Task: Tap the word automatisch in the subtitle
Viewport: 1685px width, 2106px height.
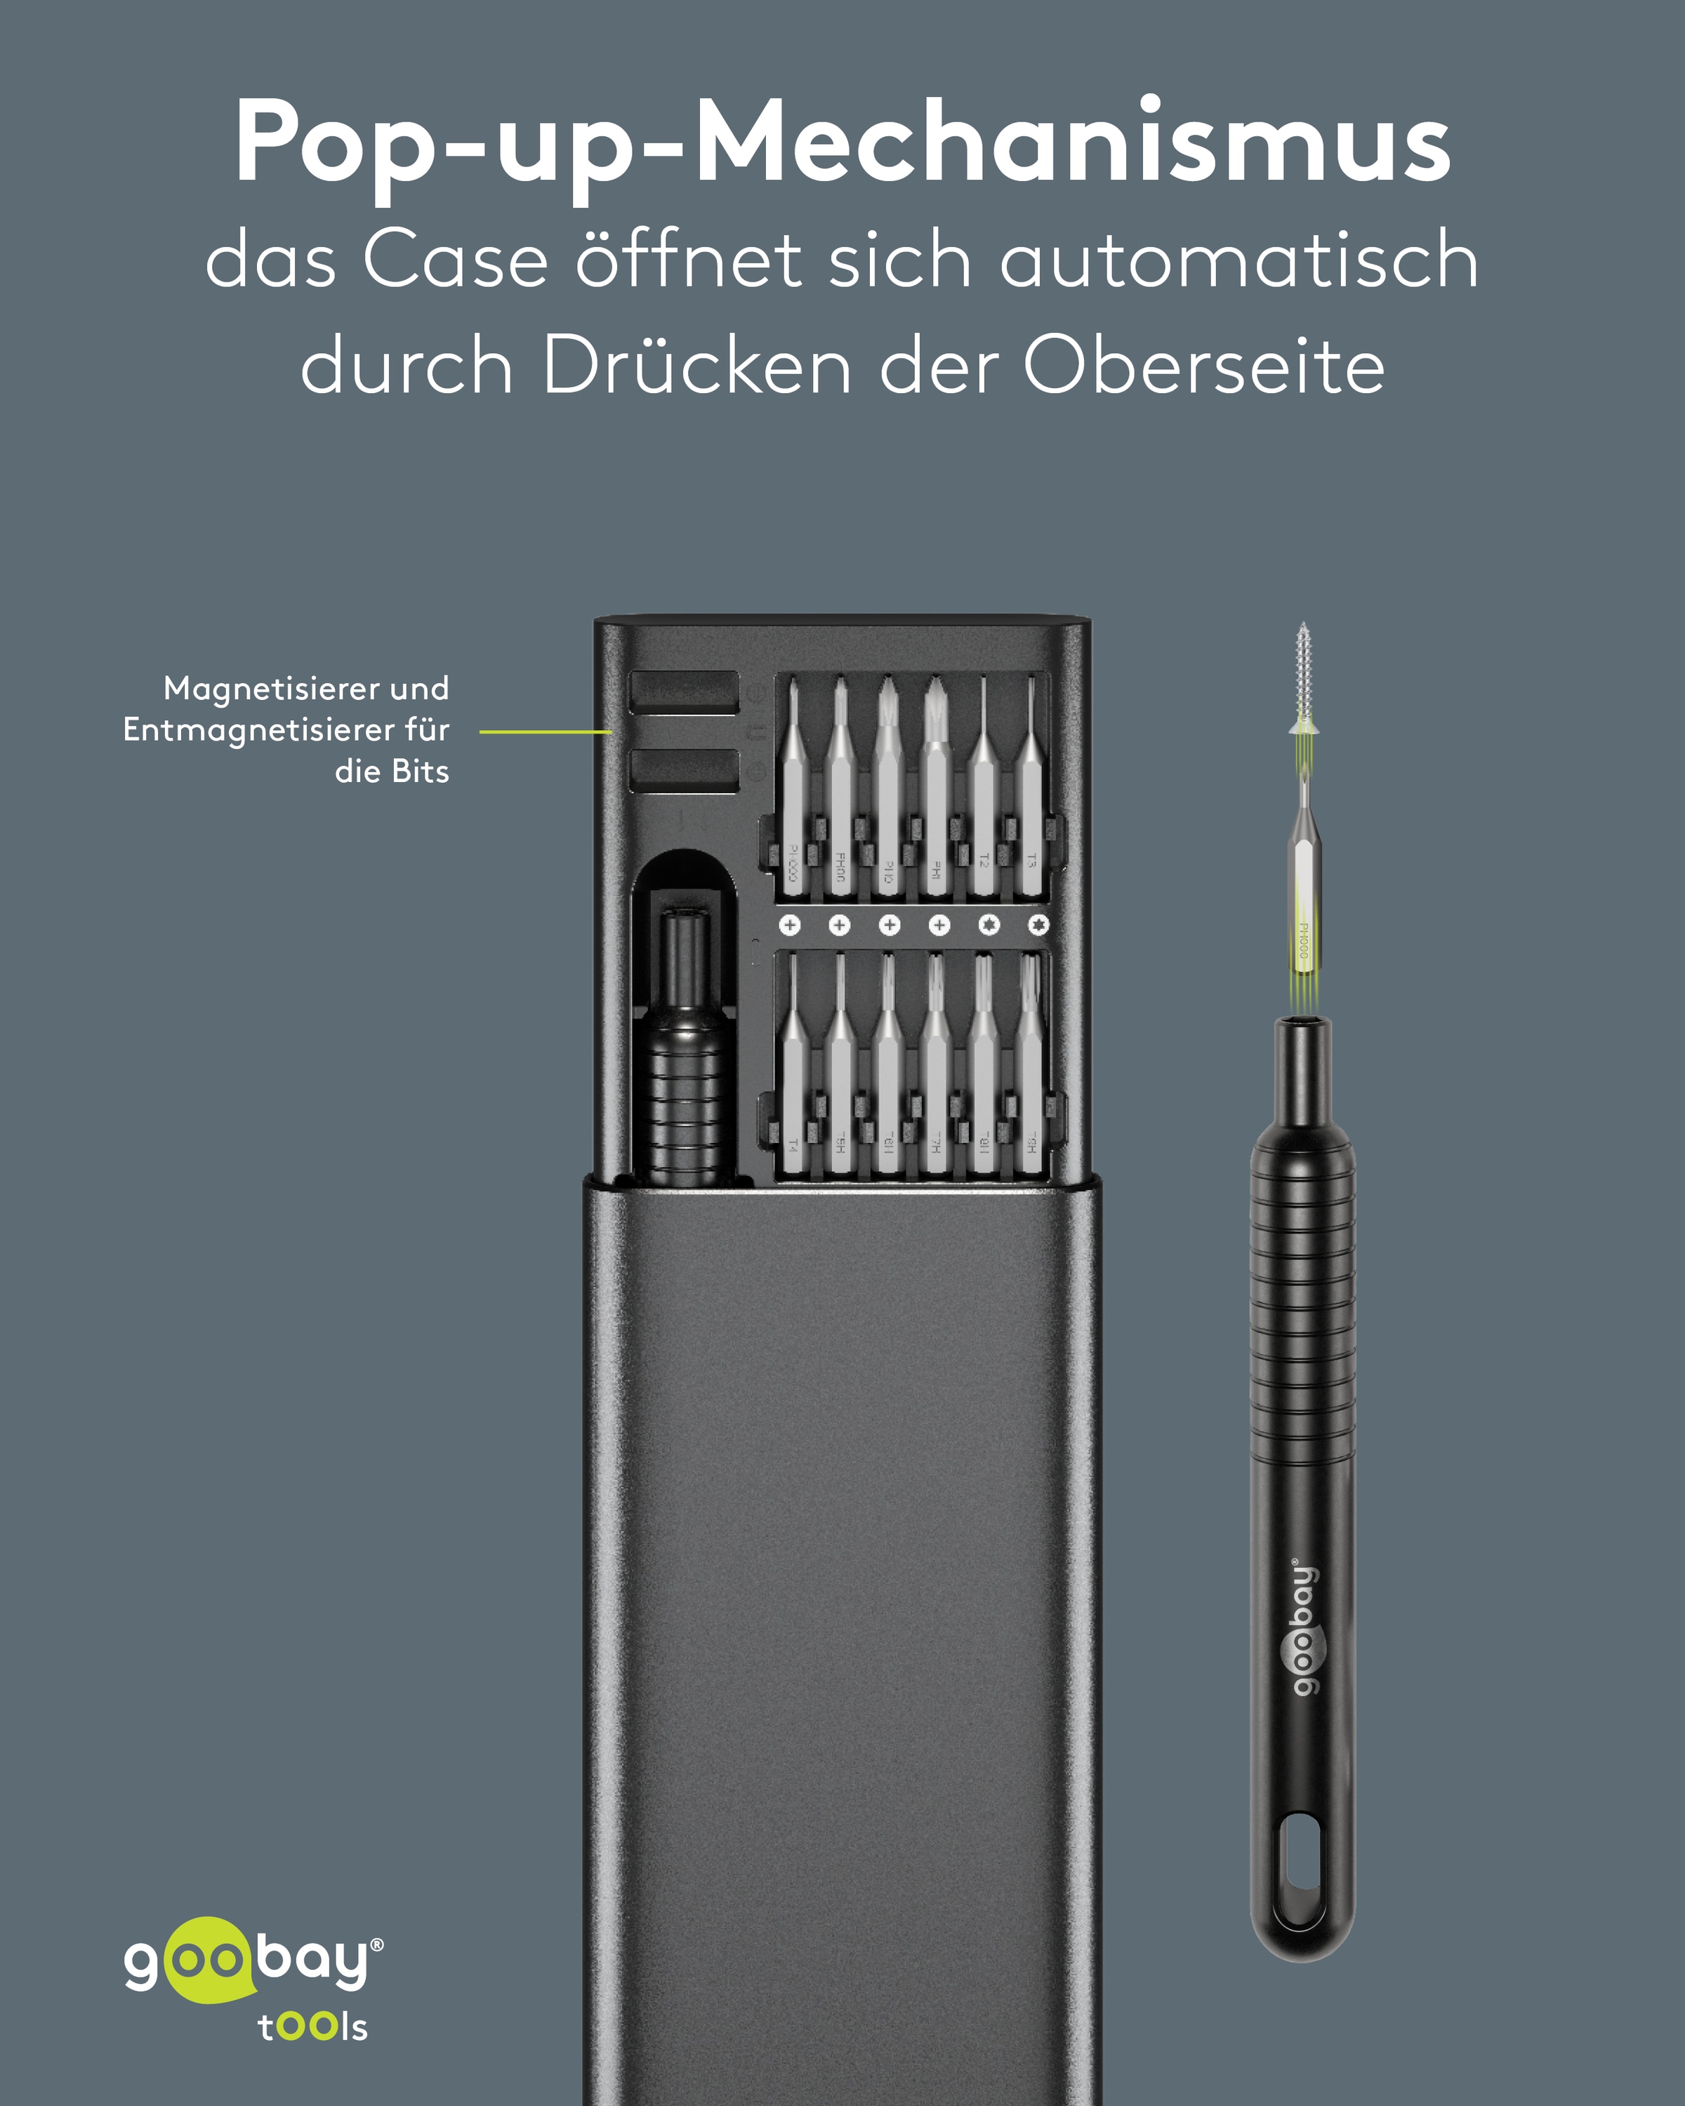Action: (x=1238, y=261)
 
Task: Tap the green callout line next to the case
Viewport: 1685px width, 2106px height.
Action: (x=545, y=731)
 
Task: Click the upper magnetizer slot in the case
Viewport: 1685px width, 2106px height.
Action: (x=684, y=691)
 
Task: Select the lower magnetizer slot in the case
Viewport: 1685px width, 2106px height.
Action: (x=684, y=771)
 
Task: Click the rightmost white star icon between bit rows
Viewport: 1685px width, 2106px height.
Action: (x=1038, y=924)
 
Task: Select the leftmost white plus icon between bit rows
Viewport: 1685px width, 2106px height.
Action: (x=789, y=924)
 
